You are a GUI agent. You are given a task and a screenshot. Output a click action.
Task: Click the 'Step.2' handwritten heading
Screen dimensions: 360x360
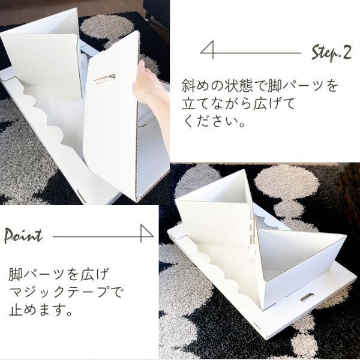331,53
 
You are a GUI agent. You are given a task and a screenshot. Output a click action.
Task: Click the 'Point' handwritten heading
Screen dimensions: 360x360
23,235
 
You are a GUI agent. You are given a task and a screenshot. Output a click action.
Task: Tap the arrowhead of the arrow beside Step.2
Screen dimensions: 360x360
207,50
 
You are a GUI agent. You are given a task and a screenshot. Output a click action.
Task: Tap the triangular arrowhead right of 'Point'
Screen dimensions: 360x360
147,233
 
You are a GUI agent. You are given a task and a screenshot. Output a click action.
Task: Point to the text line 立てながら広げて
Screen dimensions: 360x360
238,104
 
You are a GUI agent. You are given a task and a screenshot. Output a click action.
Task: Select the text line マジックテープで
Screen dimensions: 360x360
65,293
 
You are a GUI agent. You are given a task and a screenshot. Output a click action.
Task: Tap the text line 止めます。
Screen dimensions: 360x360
40,311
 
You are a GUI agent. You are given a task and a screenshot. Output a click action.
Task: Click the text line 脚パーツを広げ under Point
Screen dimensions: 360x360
58,274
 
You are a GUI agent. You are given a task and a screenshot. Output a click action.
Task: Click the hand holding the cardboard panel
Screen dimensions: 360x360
151,87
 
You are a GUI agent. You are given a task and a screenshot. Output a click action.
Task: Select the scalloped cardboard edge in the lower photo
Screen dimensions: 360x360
220,273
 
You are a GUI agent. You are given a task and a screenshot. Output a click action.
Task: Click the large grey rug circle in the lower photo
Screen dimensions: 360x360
287,183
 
